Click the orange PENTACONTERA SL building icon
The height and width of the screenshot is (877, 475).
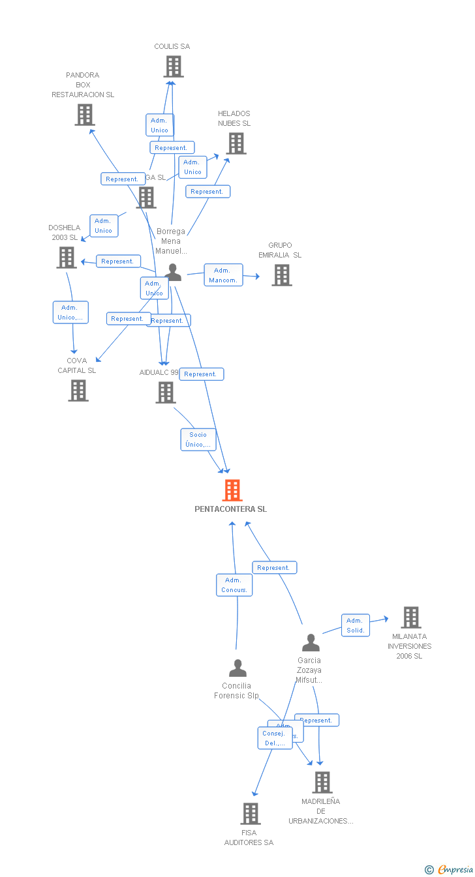232,490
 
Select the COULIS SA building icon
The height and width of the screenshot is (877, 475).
173,67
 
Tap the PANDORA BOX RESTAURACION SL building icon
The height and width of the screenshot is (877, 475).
84,115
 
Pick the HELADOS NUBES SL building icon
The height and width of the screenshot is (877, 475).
236,143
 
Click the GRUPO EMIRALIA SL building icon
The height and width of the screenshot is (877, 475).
281,275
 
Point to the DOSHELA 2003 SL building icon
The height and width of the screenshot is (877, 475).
67,258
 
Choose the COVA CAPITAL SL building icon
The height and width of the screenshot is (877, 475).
78,391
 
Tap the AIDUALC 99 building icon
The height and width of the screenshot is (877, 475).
166,393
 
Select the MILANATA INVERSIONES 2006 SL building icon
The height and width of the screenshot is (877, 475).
410,617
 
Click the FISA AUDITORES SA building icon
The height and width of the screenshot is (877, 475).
251,814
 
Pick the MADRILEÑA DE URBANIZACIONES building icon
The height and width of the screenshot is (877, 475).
322,782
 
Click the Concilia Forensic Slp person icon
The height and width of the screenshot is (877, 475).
237,668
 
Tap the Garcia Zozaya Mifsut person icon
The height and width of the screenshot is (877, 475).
311,643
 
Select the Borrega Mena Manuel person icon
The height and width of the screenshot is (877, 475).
173,272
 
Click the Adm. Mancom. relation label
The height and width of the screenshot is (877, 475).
223,275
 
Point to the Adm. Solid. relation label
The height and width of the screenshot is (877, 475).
356,625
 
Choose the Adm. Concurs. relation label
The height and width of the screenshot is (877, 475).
234,585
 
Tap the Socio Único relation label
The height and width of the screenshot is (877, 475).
198,439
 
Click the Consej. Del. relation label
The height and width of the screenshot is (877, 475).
275,738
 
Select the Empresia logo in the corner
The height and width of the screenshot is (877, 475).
450,869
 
